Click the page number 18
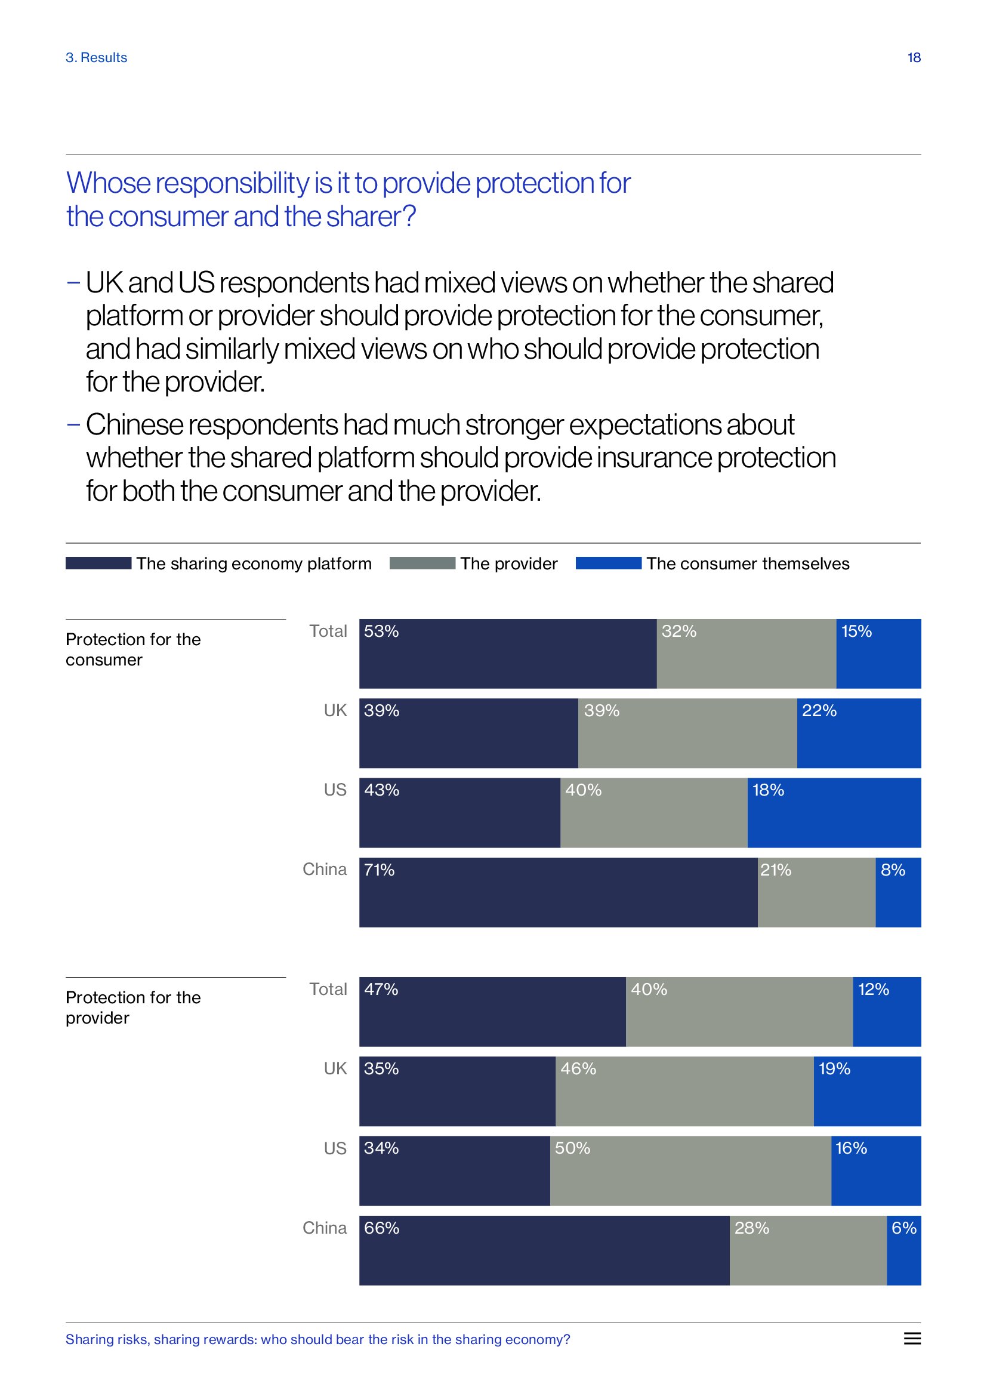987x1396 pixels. tap(914, 58)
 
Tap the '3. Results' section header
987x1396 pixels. tap(97, 58)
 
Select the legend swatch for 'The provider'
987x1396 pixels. tap(422, 563)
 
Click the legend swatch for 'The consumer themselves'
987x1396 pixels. tap(608, 563)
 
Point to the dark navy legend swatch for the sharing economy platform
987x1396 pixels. tap(98, 563)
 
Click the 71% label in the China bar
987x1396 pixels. tap(380, 870)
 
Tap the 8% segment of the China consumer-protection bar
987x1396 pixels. tap(897, 892)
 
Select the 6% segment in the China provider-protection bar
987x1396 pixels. tap(903, 1250)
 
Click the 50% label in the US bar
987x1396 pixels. tap(572, 1148)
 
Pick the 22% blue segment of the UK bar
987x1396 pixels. tap(859, 733)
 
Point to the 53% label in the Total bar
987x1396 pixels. tap(381, 631)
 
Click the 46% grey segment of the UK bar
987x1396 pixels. tap(684, 1091)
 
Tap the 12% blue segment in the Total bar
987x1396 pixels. tap(887, 1012)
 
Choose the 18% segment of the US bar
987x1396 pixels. tap(834, 812)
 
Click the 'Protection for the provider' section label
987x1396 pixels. tap(133, 1007)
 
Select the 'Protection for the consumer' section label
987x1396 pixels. tap(133, 649)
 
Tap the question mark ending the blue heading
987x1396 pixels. tap(409, 217)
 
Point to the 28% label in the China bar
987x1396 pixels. tap(752, 1228)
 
